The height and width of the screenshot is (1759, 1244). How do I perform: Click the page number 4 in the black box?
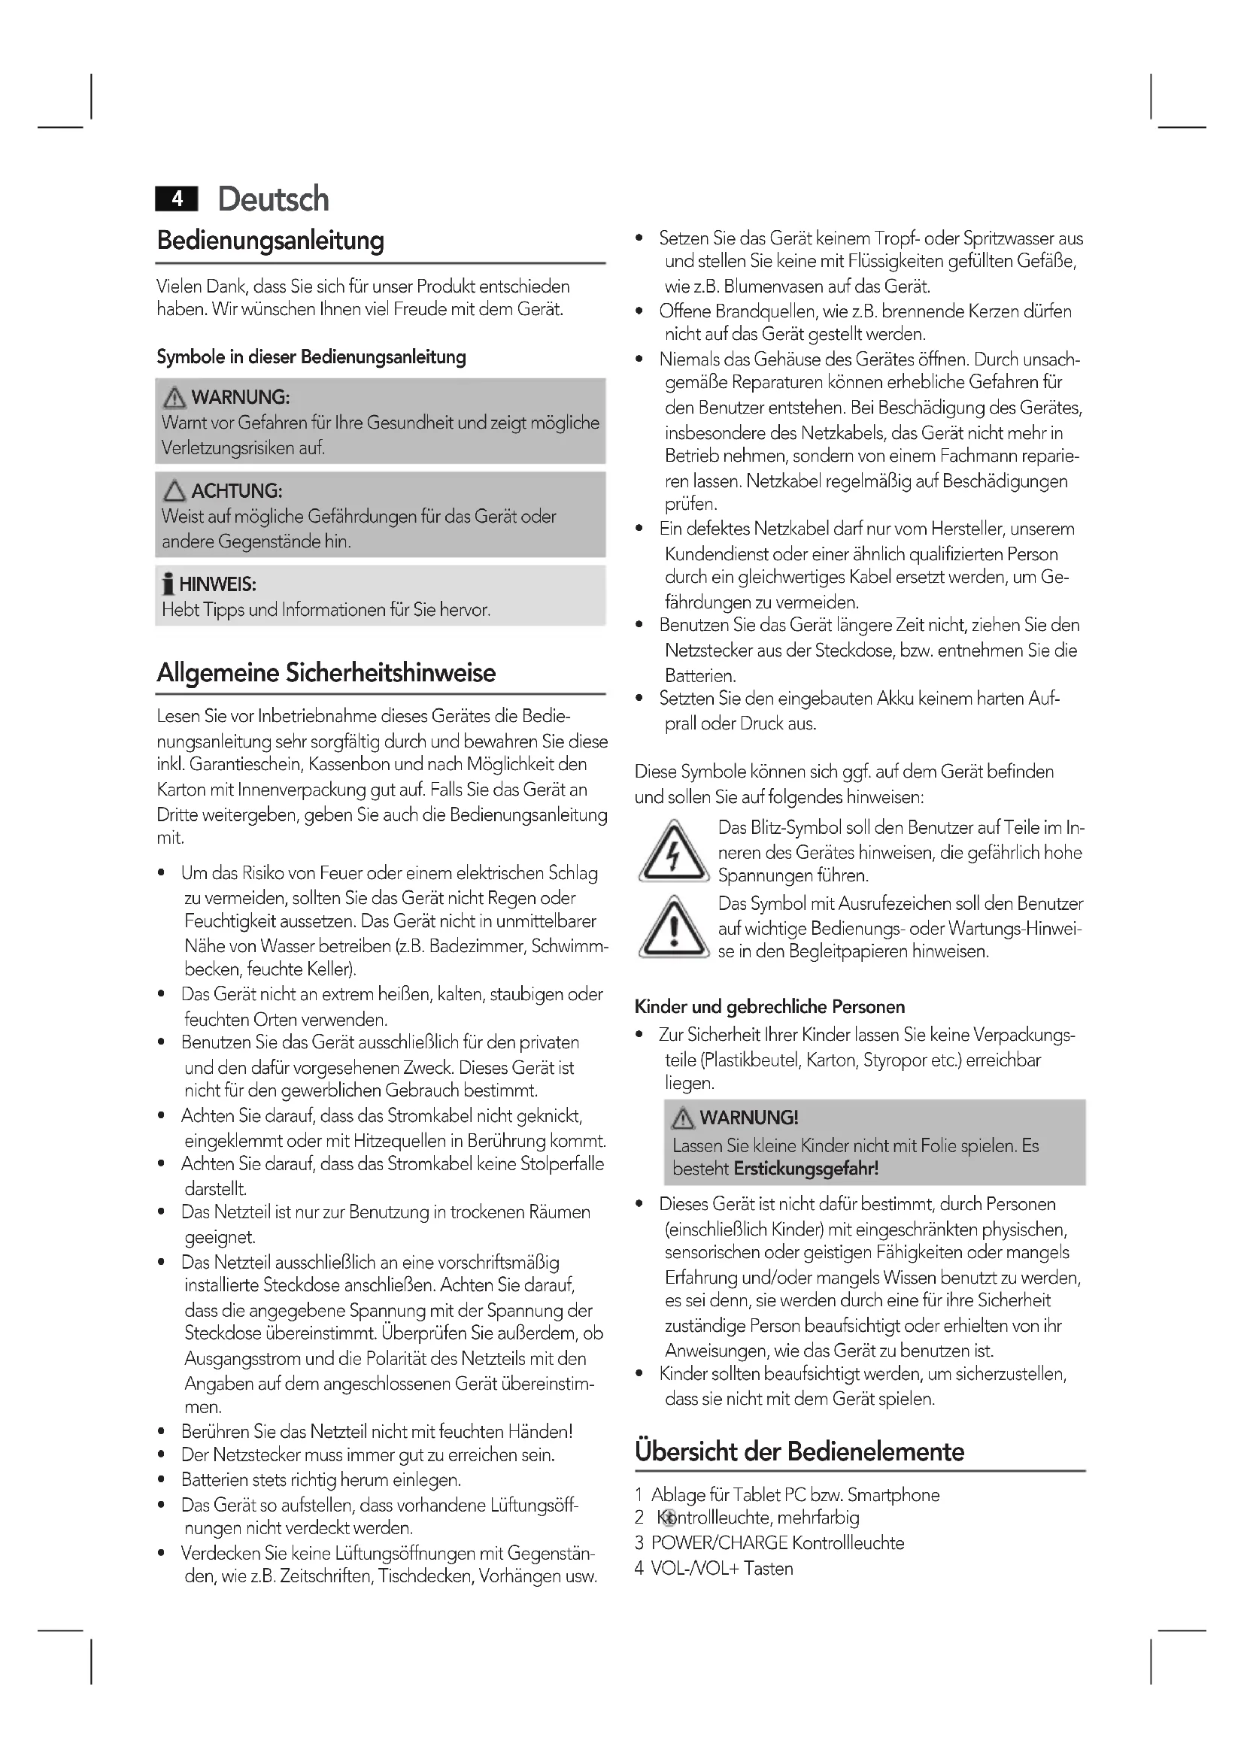177,199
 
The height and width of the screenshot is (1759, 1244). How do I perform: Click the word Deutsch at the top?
274,199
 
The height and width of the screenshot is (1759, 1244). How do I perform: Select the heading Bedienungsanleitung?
271,241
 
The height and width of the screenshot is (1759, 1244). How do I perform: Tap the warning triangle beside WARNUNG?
174,397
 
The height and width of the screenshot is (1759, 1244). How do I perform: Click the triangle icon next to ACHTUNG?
174,490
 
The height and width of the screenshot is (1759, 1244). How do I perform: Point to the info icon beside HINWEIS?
168,584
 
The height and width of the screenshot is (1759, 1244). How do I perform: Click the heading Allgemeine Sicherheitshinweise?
326,672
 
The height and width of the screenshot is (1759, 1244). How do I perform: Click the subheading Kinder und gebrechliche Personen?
769,1007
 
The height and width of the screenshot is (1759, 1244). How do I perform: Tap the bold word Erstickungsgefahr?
806,1169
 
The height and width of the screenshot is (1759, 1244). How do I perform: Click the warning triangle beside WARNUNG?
682,1118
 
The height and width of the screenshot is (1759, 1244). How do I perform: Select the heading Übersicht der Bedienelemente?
799,1451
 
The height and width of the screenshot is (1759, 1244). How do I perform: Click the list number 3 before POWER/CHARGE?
639,1543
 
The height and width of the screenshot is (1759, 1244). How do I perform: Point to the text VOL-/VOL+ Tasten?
721,1568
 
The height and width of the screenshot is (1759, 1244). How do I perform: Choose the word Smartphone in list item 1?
894,1495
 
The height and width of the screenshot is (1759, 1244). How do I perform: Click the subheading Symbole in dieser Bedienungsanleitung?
311,357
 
